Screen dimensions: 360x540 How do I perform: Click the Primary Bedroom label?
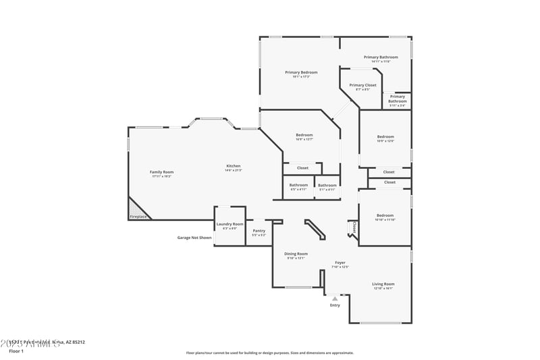(301, 72)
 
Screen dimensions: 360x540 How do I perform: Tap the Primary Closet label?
(362, 85)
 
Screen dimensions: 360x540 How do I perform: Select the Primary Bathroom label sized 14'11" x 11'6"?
(381, 57)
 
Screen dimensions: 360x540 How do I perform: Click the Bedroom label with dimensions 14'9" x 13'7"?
(304, 135)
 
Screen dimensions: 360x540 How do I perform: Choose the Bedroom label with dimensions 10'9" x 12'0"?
(385, 137)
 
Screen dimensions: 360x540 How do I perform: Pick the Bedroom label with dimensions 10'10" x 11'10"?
(385, 215)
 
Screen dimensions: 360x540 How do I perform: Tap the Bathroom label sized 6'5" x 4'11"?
(298, 185)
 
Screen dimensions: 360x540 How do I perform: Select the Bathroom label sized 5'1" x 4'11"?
(327, 186)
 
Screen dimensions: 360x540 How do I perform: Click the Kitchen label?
(234, 166)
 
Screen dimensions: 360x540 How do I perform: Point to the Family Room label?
(161, 172)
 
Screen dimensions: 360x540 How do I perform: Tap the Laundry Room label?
(230, 225)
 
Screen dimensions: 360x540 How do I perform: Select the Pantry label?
(259, 231)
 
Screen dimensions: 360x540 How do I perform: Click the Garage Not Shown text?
(194, 238)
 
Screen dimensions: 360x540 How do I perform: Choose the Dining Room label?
(296, 254)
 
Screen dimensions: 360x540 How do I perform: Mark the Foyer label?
(340, 263)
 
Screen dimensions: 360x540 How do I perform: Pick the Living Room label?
(383, 284)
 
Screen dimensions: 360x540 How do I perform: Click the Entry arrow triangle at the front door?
(335, 298)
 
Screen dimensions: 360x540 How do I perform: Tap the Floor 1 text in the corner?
(16, 351)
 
